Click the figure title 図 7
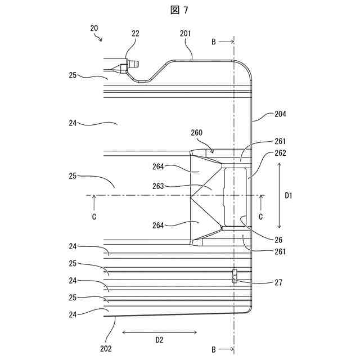pos(179,10)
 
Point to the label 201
pos(185,34)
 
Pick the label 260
pos(196,133)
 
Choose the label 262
pos(280,153)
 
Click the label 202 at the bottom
pos(106,349)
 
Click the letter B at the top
pos(213,42)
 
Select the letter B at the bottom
pos(213,349)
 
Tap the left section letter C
pos(94,216)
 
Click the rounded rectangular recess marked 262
pos(236,196)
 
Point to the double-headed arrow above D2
pos(159,332)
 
